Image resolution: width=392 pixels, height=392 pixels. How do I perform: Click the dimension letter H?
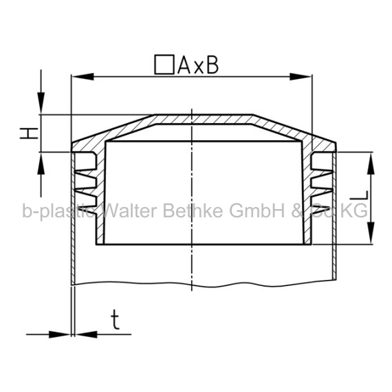point(29,133)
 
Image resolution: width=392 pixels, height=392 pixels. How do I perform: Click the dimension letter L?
point(359,195)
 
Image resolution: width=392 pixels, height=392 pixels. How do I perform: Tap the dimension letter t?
point(115,319)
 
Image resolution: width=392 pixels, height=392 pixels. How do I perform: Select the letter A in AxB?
point(184,65)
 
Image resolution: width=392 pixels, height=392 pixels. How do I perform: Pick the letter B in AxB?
point(213,65)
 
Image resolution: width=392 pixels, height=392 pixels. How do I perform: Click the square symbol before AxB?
point(164,65)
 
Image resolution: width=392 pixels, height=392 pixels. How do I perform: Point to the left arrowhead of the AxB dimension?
point(83,77)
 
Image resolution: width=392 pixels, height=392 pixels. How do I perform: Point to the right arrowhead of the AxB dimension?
point(301,77)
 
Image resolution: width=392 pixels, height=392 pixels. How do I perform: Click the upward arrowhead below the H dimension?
point(41,163)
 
